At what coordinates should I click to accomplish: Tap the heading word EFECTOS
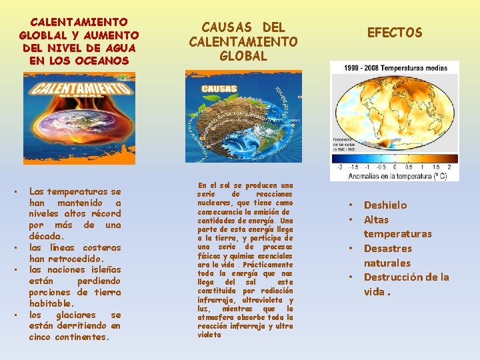click(x=395, y=33)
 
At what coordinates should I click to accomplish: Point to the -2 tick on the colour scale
click(x=341, y=167)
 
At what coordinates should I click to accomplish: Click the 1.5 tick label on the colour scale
click(x=436, y=167)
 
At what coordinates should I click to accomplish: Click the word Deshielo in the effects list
click(x=385, y=205)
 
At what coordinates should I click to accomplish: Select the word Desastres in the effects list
click(x=388, y=249)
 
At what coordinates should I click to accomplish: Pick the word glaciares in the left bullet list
click(x=74, y=315)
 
